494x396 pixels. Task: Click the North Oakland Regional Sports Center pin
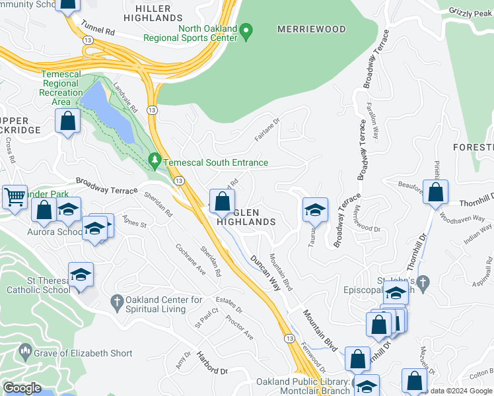[x=246, y=31]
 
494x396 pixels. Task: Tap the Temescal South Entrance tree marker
[x=155, y=160]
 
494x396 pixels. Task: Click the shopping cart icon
[x=15, y=196]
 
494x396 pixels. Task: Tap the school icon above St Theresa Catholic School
[x=81, y=274]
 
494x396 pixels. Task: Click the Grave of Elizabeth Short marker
[x=24, y=350]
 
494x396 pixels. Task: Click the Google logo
[x=22, y=387]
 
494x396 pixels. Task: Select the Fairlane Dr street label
[x=267, y=129]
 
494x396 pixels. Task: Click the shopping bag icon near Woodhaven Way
[x=435, y=192]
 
